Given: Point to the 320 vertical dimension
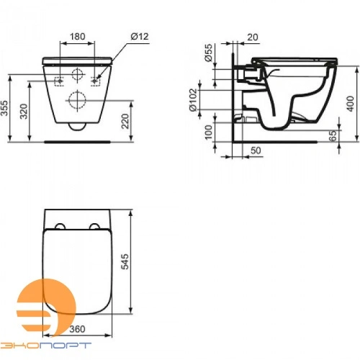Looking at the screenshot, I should click(24, 109).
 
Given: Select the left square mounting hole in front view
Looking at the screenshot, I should click(60, 80).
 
